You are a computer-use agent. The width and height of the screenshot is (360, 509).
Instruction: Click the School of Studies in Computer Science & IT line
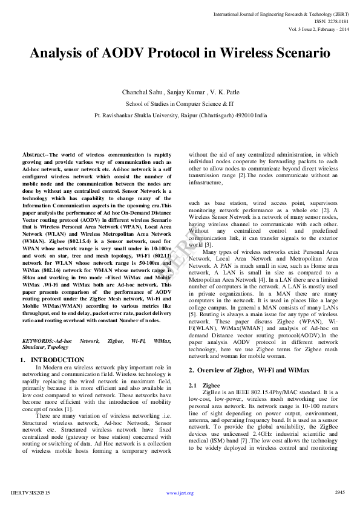(x=180, y=103)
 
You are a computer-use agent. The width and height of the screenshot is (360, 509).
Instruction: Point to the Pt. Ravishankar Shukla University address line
(x=180, y=114)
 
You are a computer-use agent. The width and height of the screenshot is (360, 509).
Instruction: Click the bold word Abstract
(x=33, y=155)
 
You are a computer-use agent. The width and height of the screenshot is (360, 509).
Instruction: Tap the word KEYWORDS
(x=38, y=341)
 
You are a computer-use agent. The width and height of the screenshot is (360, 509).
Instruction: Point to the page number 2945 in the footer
(x=339, y=493)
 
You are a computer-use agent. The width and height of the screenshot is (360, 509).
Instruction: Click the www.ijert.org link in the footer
(x=180, y=493)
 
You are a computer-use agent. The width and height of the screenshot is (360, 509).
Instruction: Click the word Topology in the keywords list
(x=57, y=348)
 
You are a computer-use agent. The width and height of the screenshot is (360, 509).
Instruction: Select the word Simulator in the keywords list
(x=33, y=348)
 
